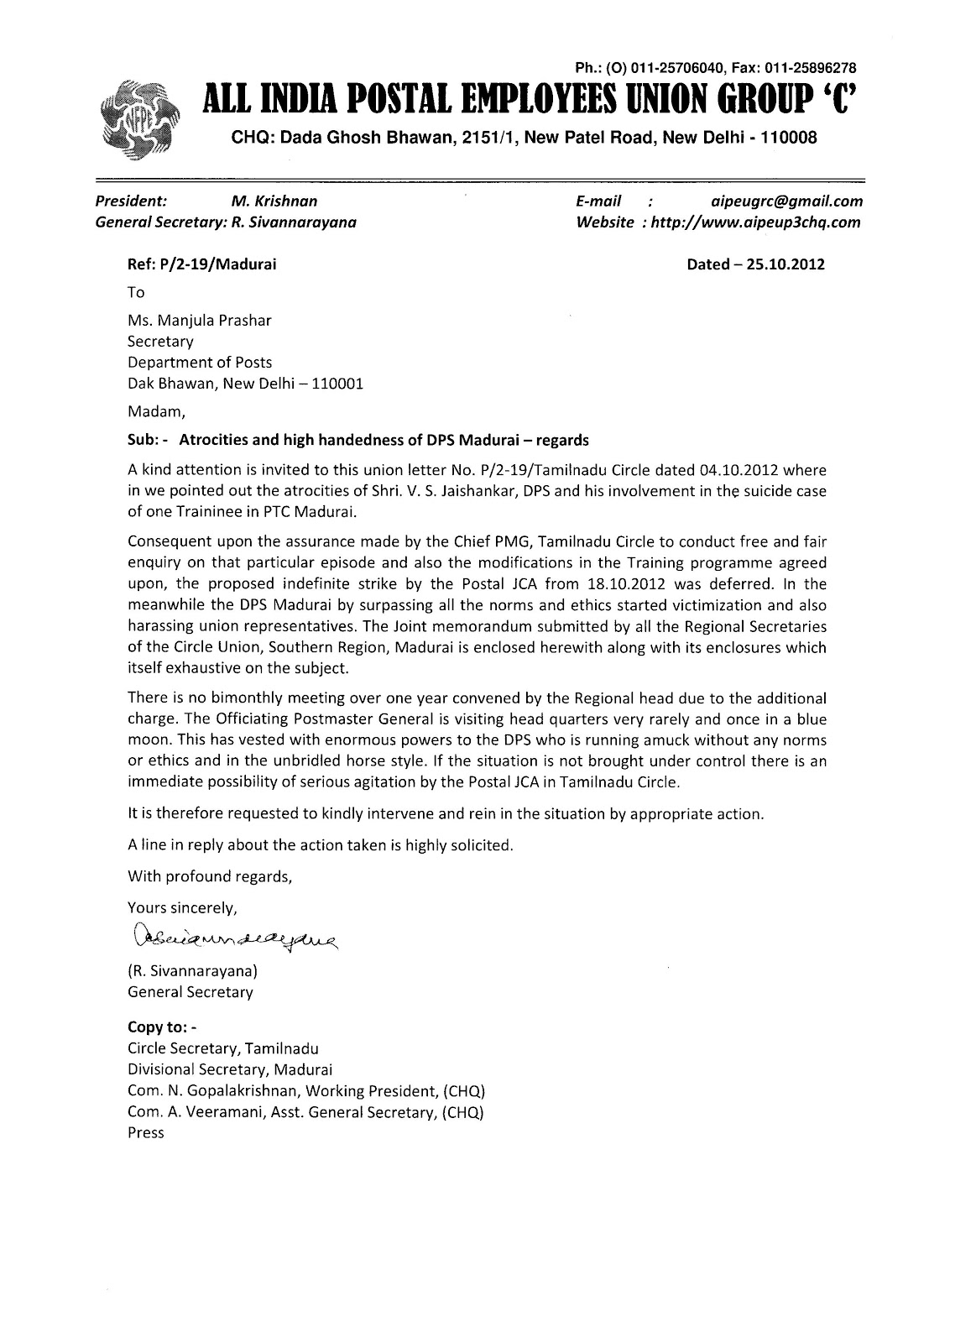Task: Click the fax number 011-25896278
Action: point(811,68)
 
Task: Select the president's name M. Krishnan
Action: point(274,201)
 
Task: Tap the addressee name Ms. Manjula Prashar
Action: point(199,320)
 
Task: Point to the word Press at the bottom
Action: point(145,1132)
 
